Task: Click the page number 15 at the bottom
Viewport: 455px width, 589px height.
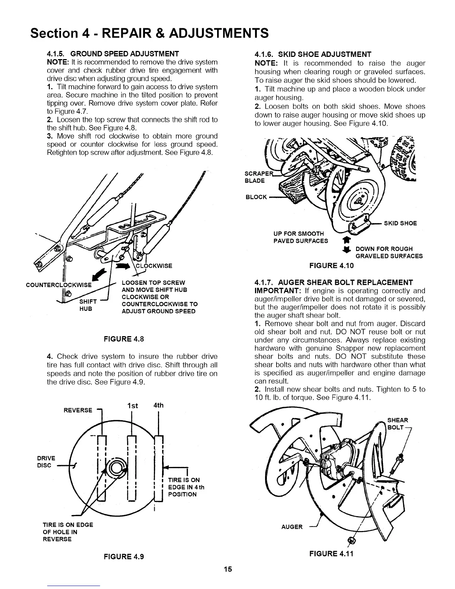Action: point(228,569)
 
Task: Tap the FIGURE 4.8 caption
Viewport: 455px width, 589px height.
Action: point(124,339)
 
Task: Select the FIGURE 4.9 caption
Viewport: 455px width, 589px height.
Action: point(124,556)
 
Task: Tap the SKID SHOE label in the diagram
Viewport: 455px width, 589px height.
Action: point(400,223)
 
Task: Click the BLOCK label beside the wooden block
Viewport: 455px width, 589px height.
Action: point(256,197)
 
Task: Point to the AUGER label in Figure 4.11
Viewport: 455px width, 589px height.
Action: point(292,527)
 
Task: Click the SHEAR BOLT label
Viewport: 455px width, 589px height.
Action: point(397,424)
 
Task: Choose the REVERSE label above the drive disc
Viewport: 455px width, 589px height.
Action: point(78,410)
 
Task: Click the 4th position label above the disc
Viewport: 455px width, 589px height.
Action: point(158,405)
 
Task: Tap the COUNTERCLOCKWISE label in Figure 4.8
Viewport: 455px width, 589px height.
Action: point(58,285)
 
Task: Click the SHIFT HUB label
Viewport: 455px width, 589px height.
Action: point(88,305)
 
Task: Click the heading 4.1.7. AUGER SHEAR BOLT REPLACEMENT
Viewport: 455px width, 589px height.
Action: point(333,282)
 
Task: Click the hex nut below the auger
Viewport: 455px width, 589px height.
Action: point(349,540)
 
